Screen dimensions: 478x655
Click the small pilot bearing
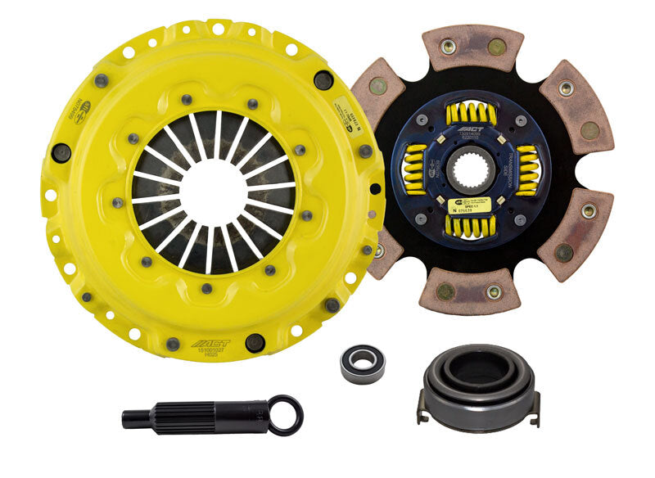(362, 363)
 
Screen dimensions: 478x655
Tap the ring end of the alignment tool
(286, 414)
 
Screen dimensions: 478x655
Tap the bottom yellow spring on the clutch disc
(471, 224)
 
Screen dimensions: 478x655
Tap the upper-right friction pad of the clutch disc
(578, 103)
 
